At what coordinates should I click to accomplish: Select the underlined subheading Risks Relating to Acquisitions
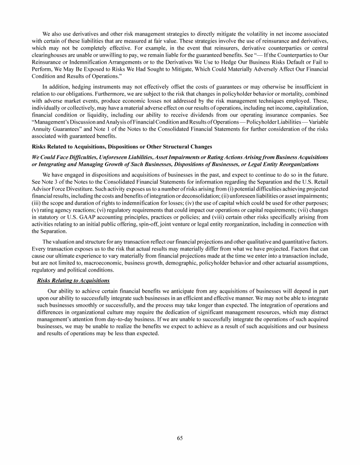coord(73,280)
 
